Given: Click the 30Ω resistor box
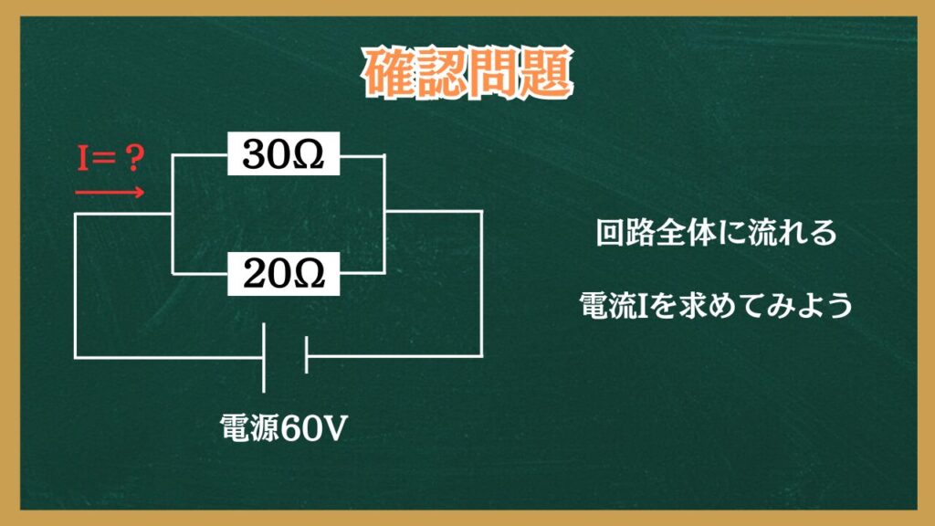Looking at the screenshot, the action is tap(283, 153).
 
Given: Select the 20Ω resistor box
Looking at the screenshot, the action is tap(283, 274).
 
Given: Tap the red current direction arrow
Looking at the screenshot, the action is tap(110, 192).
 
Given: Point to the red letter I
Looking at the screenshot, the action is tap(83, 159).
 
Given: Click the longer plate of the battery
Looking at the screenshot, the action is tap(264, 358).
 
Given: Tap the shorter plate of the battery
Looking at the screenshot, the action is tap(306, 355).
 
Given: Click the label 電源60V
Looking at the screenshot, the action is tap(283, 427).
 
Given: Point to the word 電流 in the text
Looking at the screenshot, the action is tap(609, 305).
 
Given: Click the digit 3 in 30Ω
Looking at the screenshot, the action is tap(254, 153).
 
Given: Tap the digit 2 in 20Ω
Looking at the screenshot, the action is tap(255, 274).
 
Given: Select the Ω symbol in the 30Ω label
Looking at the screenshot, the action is tap(309, 154).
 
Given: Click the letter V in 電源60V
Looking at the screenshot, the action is tap(333, 428).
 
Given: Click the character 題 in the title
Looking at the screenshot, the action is tap(547, 73).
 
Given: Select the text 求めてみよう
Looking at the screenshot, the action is tap(767, 305).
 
